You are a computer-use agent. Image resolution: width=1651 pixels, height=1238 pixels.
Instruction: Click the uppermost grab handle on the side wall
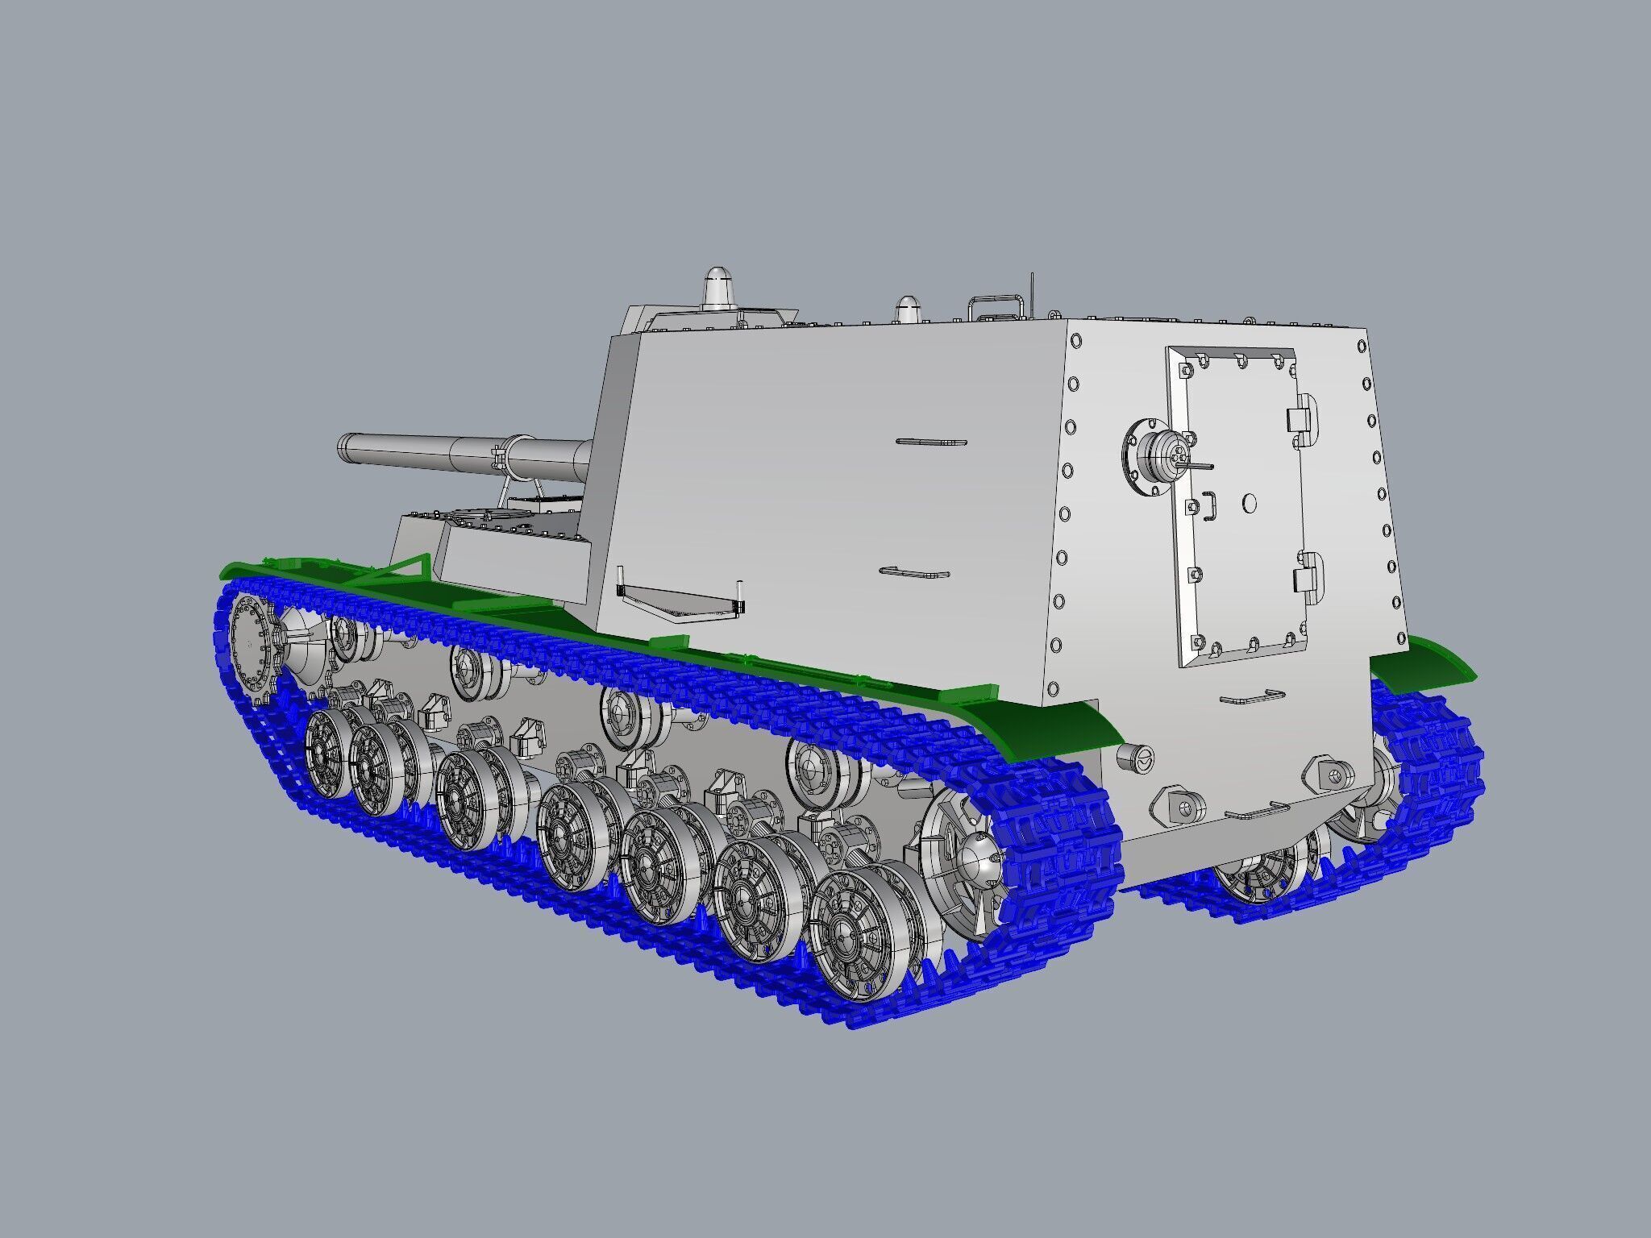point(931,442)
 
